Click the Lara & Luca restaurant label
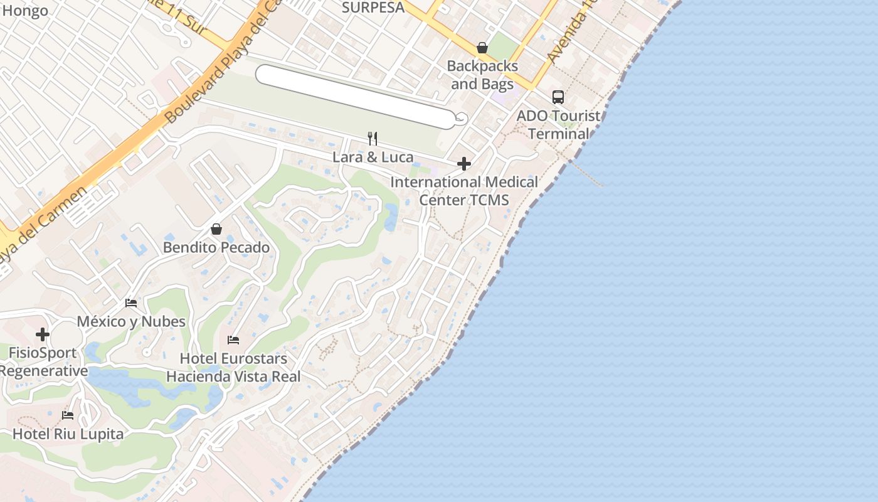(x=373, y=157)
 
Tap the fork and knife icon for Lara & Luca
(x=373, y=138)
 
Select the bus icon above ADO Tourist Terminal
(x=558, y=97)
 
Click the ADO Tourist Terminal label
(x=558, y=125)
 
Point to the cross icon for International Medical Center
(x=464, y=164)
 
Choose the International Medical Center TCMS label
(x=464, y=191)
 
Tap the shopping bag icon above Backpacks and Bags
(x=482, y=48)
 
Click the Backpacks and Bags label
(x=482, y=75)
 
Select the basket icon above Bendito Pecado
(x=216, y=229)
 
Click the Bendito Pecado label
(x=216, y=247)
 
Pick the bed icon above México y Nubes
(x=131, y=303)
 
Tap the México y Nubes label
(x=131, y=321)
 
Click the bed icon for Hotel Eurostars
(x=233, y=340)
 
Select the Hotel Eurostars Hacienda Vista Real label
(x=233, y=368)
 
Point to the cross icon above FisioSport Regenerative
(x=43, y=334)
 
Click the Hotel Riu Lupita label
(x=68, y=434)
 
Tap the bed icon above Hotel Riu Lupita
(x=68, y=415)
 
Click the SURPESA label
(x=373, y=8)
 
